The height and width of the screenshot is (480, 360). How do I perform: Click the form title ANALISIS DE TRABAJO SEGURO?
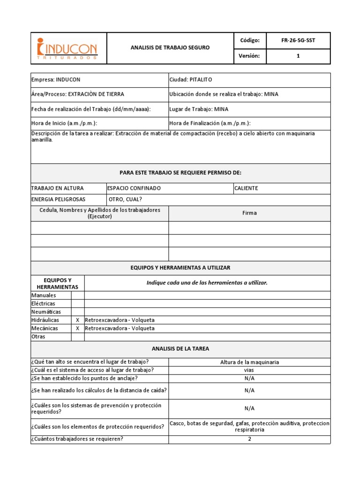coord(170,48)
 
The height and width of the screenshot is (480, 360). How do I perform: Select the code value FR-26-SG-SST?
coord(298,40)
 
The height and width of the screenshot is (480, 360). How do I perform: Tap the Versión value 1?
coord(298,56)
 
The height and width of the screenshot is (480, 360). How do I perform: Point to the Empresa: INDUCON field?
coord(52,80)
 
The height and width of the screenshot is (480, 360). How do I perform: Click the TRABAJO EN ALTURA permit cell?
coord(57,188)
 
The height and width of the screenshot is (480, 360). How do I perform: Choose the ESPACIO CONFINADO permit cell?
coord(134,188)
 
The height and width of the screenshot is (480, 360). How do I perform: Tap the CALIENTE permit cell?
coord(247,188)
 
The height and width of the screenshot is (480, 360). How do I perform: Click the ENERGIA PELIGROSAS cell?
coord(58,199)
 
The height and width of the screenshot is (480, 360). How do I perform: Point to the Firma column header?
coord(249,213)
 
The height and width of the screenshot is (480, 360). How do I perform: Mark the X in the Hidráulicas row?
coord(77,320)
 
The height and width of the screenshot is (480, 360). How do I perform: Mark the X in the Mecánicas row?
coord(77,328)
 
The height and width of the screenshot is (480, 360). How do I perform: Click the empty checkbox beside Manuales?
coord(77,295)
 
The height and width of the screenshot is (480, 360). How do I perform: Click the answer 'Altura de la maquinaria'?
coord(249,362)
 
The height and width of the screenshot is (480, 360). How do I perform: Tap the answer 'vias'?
coord(249,370)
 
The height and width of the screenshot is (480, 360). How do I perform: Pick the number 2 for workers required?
coord(249,439)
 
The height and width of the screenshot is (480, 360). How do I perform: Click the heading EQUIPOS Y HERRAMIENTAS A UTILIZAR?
coord(180,268)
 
